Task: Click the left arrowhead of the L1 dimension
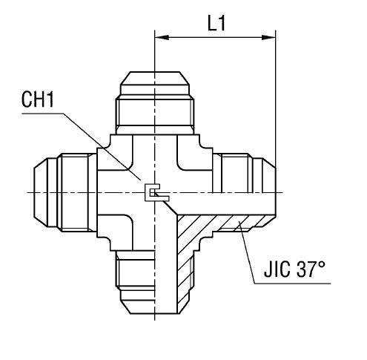(x=159, y=34)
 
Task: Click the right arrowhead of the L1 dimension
(x=271, y=34)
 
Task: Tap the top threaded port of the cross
(x=153, y=104)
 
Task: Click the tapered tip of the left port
(x=38, y=192)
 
